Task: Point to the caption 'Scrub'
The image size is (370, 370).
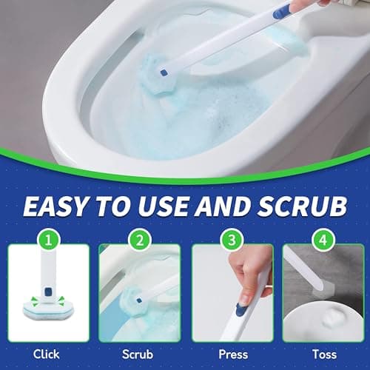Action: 139,354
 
